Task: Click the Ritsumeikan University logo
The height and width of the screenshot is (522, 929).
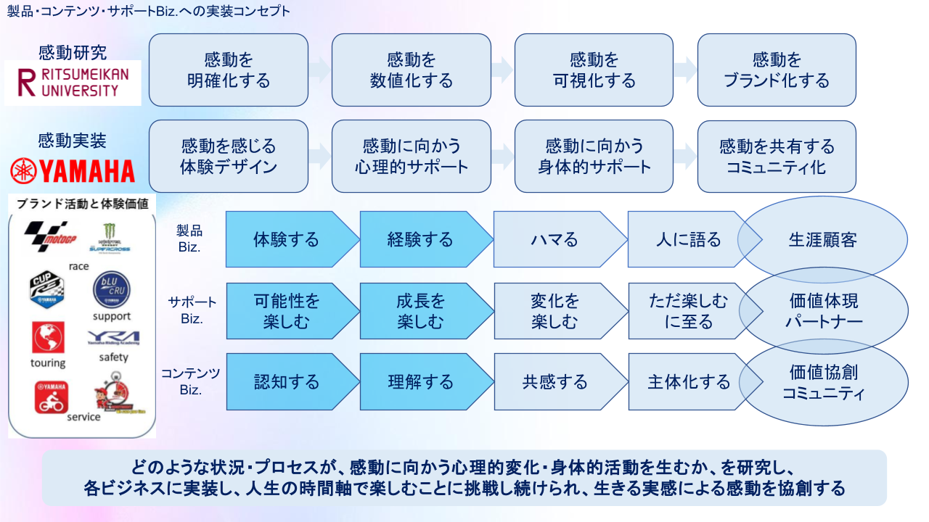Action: click(73, 83)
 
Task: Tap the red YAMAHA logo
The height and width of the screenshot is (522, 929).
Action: click(73, 171)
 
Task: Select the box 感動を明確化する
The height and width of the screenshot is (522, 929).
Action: click(229, 70)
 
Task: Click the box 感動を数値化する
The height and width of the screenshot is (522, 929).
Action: click(412, 70)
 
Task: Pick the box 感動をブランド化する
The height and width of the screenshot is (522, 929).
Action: click(777, 70)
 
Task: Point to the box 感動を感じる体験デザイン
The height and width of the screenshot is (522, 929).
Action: click(229, 157)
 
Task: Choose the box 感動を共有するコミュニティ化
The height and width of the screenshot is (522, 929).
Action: click(777, 157)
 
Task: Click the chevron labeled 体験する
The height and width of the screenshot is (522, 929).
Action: click(286, 239)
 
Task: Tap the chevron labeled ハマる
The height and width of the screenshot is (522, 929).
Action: click(554, 239)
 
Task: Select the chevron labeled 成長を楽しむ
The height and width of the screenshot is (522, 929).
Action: click(420, 311)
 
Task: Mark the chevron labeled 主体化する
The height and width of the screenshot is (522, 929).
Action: click(689, 382)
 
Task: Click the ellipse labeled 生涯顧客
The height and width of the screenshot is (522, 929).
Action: click(823, 239)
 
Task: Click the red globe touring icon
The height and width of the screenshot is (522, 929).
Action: click(48, 338)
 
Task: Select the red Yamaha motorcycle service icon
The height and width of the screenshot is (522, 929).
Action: click(51, 397)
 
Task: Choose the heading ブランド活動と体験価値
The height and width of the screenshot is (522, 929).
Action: click(82, 204)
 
